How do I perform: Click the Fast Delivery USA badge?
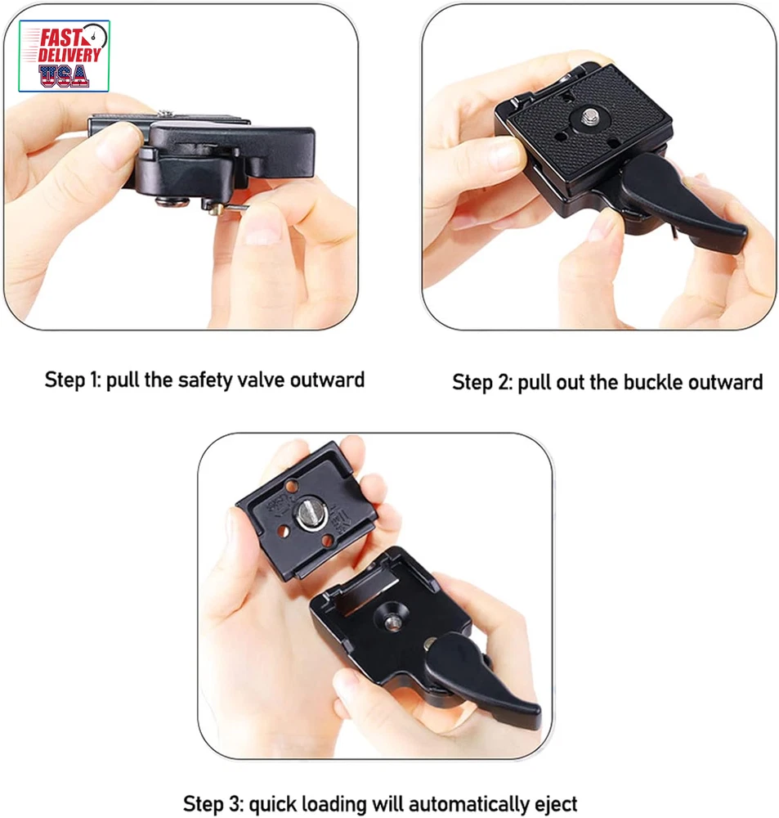click(64, 56)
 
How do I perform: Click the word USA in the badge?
click(64, 75)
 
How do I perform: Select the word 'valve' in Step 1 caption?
click(261, 380)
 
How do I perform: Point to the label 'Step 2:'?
click(482, 383)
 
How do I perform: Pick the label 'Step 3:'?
click(213, 804)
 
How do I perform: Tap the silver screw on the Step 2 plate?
click(590, 116)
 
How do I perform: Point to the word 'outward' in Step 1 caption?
click(328, 380)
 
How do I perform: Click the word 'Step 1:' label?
click(73, 380)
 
